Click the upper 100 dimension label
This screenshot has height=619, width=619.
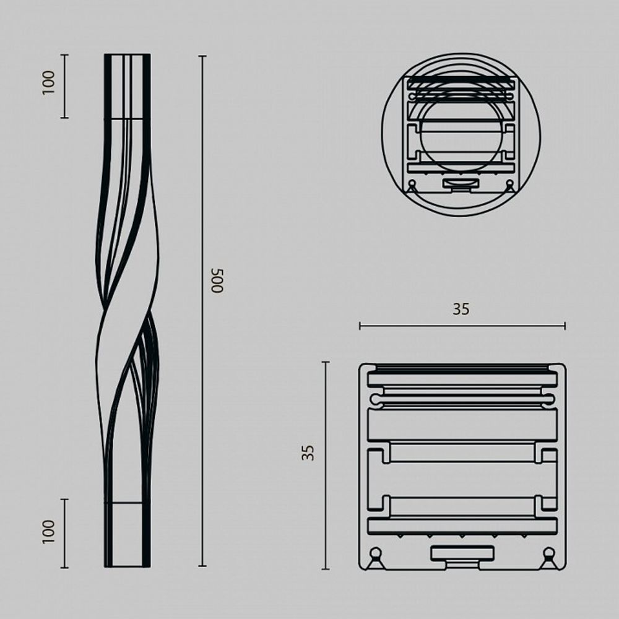tap(49, 82)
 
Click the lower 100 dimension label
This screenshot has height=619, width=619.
tap(49, 531)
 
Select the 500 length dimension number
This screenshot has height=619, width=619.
tap(216, 280)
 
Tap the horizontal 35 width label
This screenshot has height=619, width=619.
tap(461, 309)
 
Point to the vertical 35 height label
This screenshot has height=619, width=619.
tap(308, 452)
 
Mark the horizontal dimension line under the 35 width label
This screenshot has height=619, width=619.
tap(462, 326)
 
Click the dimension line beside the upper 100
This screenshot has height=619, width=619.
tap(64, 86)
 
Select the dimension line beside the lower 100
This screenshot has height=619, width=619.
tap(64, 533)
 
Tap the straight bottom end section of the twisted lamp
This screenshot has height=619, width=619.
tap(127, 534)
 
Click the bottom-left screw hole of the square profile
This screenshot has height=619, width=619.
tap(375, 553)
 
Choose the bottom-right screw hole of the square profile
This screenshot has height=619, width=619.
tap(548, 553)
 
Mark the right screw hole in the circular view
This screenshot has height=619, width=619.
tap(509, 184)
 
